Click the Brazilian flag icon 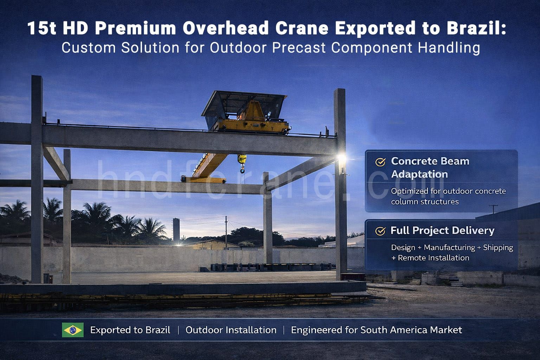(73, 330)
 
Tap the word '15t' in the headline (42, 28)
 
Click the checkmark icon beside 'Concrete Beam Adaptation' (380, 162)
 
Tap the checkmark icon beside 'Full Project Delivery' (380, 231)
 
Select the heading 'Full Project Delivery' (442, 231)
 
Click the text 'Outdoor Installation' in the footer (231, 330)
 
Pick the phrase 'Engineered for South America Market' (377, 330)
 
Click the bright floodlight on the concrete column (342, 158)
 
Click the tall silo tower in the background (176, 230)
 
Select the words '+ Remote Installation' (430, 258)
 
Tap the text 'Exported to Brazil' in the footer (130, 330)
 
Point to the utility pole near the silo (226, 232)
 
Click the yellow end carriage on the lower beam (204, 180)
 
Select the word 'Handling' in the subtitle (449, 48)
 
